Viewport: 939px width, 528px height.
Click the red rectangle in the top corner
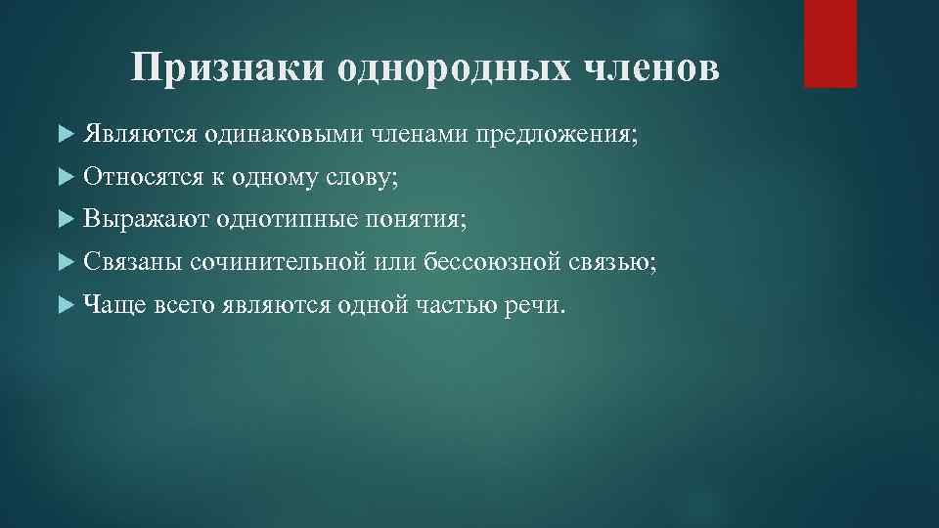pos(829,44)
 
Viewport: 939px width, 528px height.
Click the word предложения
pos(556,134)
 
